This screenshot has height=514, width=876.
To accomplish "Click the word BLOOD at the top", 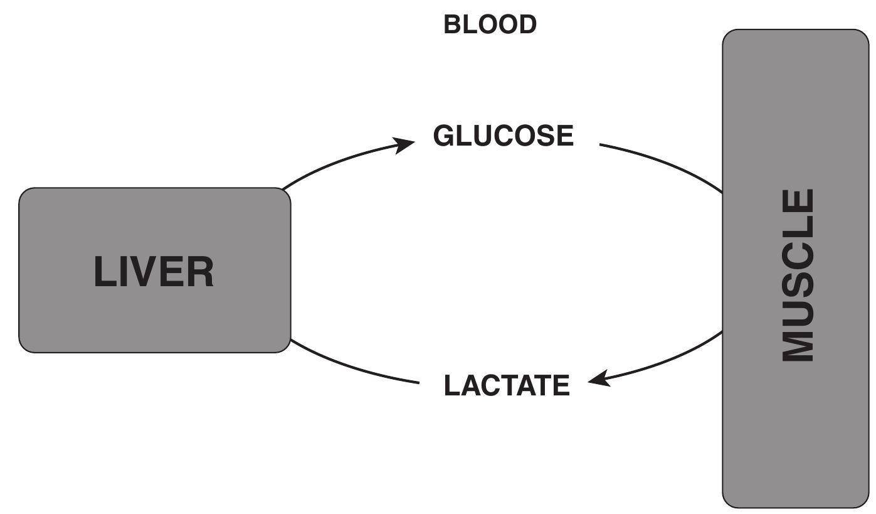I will (490, 25).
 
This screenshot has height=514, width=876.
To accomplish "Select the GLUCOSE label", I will (503, 136).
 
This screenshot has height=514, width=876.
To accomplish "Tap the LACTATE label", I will (507, 385).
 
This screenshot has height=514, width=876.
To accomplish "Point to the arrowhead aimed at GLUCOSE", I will (403, 145).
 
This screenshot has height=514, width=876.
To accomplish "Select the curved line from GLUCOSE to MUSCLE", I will (665, 163).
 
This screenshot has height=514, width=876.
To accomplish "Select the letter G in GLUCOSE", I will (444, 136).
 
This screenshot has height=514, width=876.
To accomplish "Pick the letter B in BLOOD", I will (452, 25).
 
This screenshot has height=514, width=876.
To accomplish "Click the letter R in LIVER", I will (201, 272).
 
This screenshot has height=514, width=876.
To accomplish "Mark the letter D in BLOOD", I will (527, 25).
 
